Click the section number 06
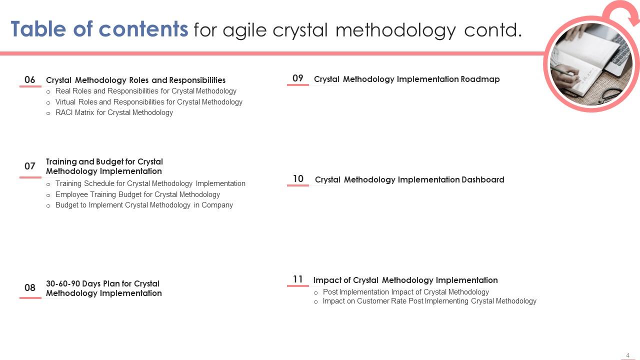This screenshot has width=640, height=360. tap(29, 79)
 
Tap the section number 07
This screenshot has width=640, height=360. tap(29, 166)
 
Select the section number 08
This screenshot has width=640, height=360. tap(29, 287)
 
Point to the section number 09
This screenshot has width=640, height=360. tap(297, 78)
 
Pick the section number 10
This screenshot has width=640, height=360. tap(298, 179)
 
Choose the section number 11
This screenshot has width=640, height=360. tap(297, 279)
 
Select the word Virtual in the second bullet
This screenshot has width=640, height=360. tap(65, 102)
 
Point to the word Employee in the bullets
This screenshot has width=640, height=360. tap(71, 194)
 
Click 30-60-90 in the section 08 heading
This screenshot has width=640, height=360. tap(62, 283)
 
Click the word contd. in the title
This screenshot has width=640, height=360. tap(493, 29)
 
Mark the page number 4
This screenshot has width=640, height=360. tap(627, 355)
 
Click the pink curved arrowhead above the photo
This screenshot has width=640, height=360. tap(633, 19)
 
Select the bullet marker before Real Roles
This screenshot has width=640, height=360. tap(48, 91)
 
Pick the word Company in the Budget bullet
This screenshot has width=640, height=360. tap(217, 205)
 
